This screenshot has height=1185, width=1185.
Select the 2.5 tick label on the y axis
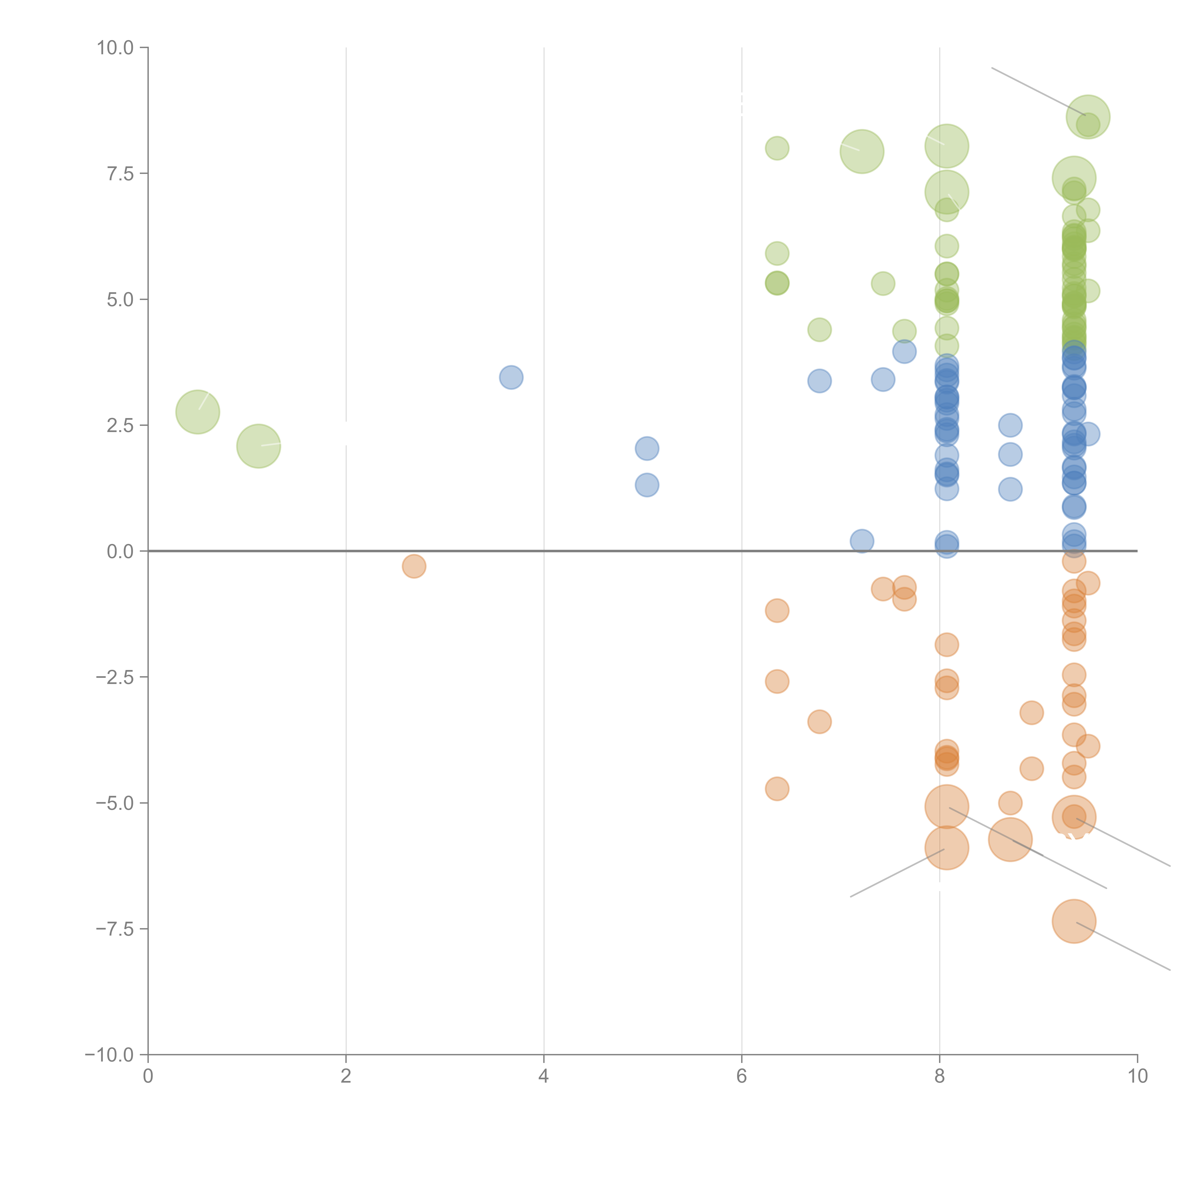click(x=120, y=426)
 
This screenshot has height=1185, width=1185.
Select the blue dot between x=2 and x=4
click(x=511, y=377)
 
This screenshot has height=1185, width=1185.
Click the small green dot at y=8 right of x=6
click(x=777, y=148)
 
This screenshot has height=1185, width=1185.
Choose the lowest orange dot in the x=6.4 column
click(x=777, y=789)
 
